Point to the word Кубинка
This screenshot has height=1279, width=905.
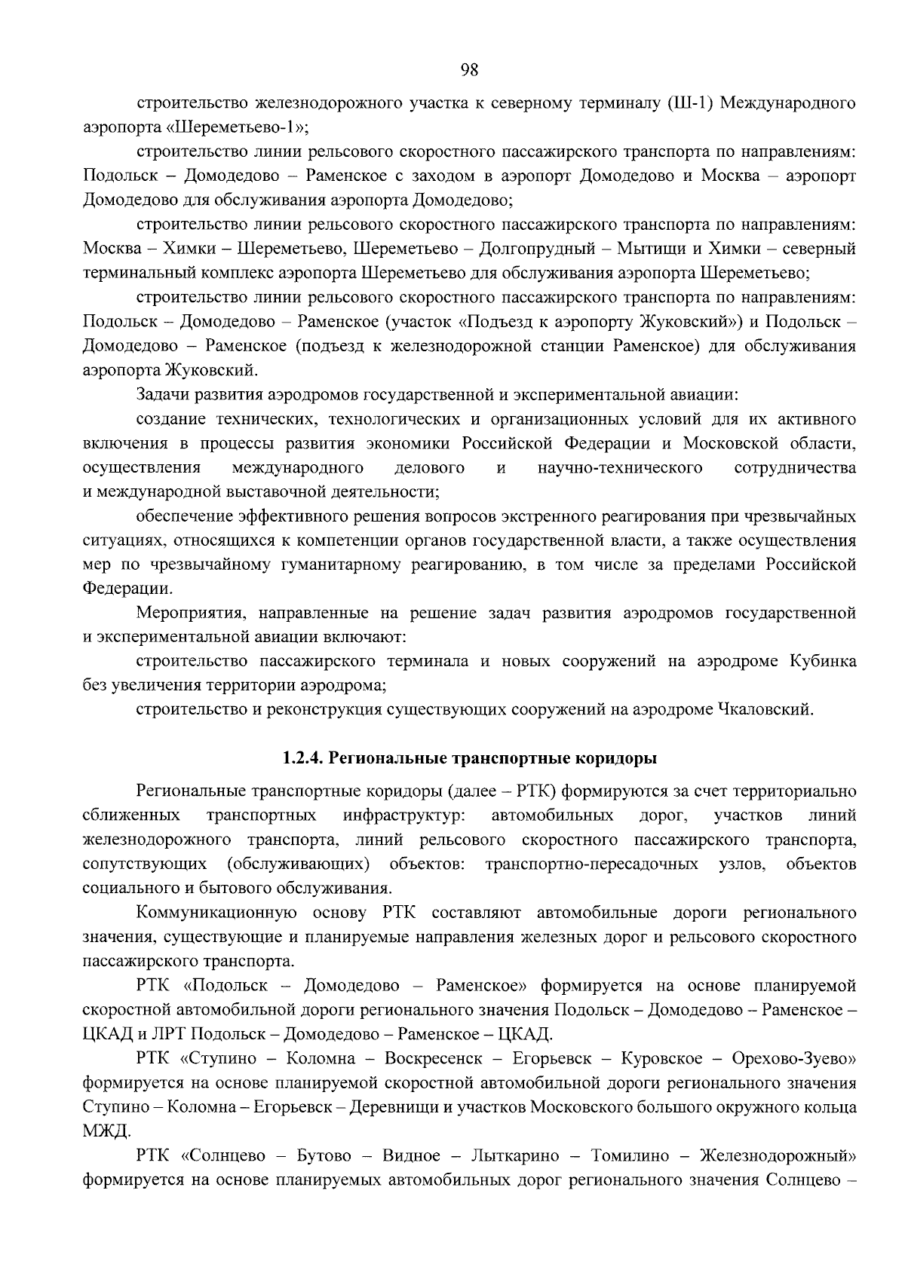click(823, 661)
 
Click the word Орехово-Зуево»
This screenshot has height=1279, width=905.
click(794, 1058)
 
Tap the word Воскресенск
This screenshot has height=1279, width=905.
click(433, 1058)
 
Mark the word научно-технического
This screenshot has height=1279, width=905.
click(620, 468)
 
